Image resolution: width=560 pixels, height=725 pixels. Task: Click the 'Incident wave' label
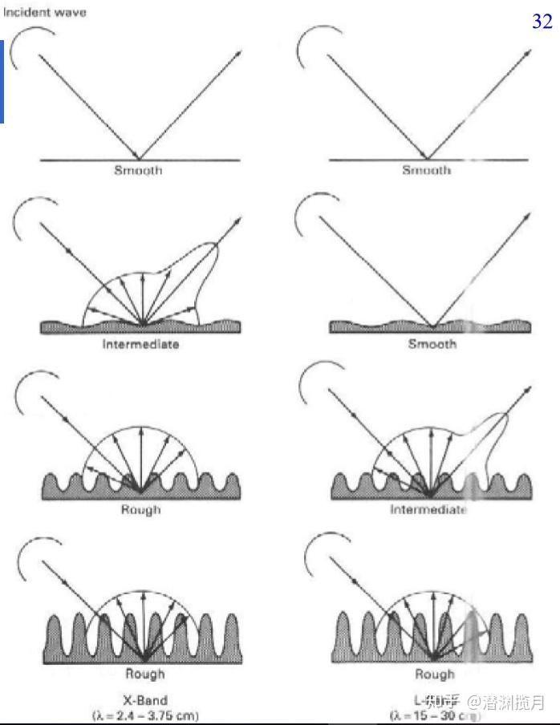(45, 12)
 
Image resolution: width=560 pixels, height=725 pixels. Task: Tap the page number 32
(542, 22)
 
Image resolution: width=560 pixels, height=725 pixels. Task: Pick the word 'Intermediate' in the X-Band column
(140, 344)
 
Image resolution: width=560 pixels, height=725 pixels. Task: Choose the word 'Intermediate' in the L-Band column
(428, 510)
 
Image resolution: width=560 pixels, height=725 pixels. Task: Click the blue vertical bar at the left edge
(2, 80)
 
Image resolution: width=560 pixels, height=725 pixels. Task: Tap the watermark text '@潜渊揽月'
(506, 703)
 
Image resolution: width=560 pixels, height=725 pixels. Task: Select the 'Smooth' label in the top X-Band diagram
(137, 170)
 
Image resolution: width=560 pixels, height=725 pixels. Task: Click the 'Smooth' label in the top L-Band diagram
(426, 170)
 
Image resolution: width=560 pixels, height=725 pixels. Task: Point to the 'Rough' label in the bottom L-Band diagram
(434, 674)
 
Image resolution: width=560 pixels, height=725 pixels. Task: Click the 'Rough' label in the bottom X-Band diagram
(144, 674)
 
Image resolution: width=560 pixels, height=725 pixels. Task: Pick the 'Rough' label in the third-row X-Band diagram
(140, 509)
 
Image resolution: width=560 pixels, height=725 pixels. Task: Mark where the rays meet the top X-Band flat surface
(140, 159)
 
